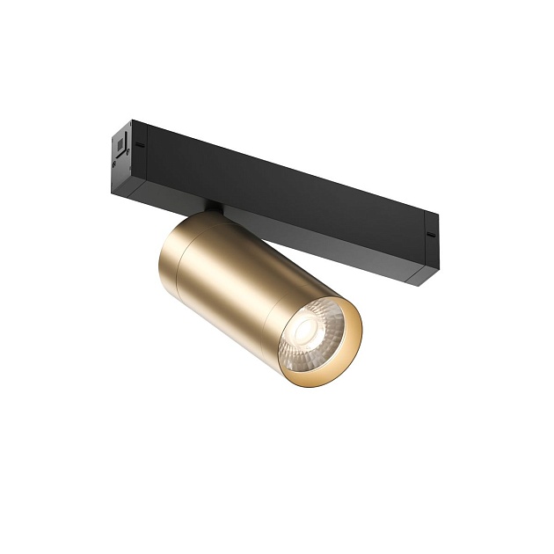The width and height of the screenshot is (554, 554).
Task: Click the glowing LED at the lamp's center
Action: [307, 332]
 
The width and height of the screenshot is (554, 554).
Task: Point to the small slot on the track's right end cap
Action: [429, 235]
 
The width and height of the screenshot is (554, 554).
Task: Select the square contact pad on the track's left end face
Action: [117, 140]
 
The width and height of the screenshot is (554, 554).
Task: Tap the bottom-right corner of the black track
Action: [420, 284]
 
